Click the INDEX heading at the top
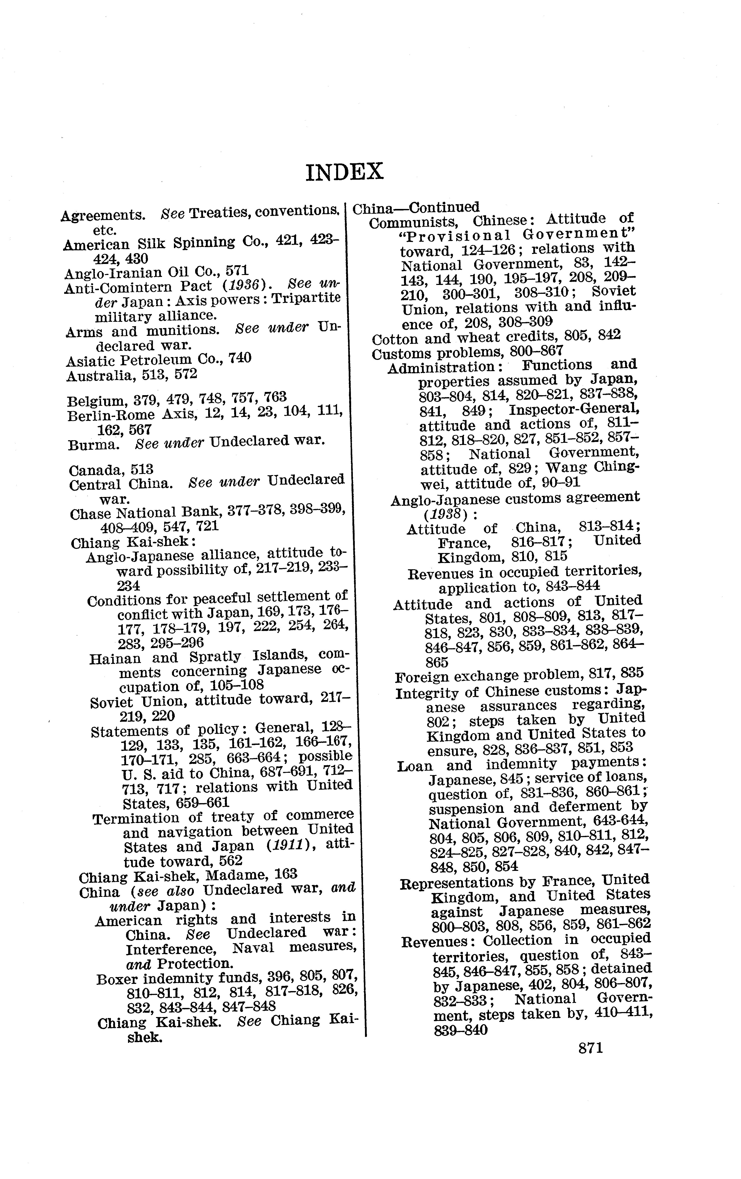(x=344, y=172)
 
